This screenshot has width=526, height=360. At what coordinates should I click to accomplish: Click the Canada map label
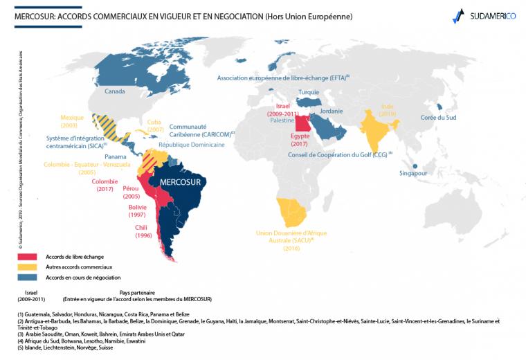tap(114, 91)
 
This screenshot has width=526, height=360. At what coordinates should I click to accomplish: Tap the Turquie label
tap(309, 92)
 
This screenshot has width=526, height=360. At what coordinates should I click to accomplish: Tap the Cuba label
tap(155, 122)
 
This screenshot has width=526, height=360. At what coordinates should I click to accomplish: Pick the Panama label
tap(116, 156)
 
